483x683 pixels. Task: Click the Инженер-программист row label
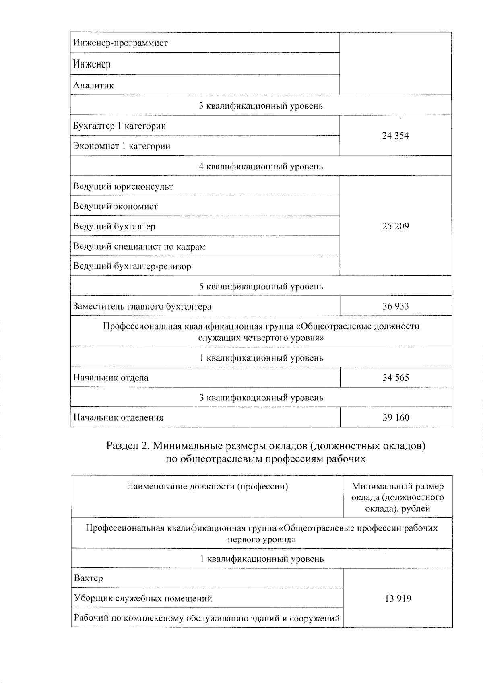click(120, 43)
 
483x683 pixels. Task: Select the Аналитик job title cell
click(93, 85)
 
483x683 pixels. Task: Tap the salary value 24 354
click(395, 136)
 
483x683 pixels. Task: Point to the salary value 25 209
click(395, 226)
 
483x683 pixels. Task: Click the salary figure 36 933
click(395, 306)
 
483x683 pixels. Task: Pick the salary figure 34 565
click(395, 378)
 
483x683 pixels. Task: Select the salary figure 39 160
click(395, 417)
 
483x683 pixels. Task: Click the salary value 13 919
click(398, 598)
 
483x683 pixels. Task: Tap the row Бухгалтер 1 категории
click(120, 126)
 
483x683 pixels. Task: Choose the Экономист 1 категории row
click(122, 146)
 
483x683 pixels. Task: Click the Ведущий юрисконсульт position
click(123, 187)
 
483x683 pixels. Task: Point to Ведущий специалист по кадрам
click(139, 246)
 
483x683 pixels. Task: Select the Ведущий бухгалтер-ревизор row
click(132, 266)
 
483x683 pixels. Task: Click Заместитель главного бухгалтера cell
click(142, 307)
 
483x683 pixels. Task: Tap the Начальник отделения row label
click(118, 417)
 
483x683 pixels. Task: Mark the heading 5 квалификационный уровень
click(261, 287)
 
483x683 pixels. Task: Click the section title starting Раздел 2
click(266, 452)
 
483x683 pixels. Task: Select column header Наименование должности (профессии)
click(207, 487)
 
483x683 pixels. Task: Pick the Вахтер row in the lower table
click(89, 578)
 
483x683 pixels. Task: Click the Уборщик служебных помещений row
click(143, 598)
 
